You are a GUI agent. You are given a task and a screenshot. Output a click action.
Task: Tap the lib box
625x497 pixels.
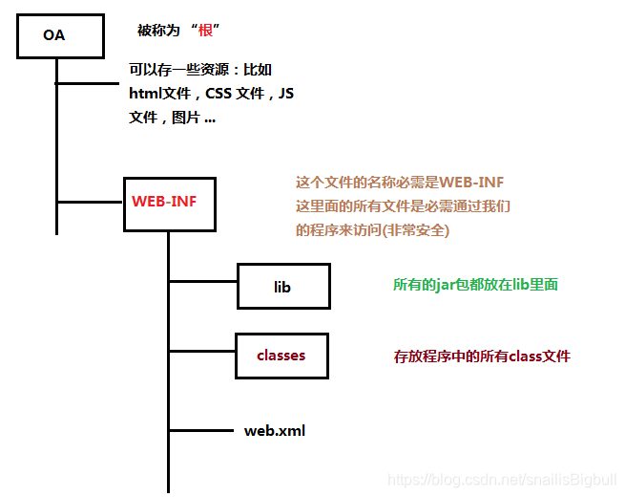click(x=282, y=286)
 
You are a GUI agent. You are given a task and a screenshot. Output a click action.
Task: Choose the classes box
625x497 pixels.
click(x=281, y=356)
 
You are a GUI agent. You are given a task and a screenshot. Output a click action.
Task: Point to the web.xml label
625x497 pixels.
click(x=275, y=430)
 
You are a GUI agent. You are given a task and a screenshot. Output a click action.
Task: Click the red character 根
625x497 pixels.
click(x=205, y=32)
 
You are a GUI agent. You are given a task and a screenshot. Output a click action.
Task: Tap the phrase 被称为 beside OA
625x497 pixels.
click(x=158, y=32)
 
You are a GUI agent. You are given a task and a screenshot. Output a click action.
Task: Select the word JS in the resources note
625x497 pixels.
click(x=285, y=94)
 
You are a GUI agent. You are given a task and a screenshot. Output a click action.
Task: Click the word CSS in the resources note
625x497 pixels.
click(x=224, y=94)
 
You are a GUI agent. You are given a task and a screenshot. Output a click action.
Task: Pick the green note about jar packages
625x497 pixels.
click(x=475, y=284)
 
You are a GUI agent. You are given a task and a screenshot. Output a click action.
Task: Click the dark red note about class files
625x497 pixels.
click(x=482, y=356)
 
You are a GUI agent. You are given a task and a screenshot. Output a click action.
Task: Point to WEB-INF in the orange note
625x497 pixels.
click(x=470, y=182)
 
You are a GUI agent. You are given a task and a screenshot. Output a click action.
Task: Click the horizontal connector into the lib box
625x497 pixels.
click(x=202, y=281)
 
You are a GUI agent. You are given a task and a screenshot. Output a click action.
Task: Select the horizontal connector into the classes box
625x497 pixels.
click(x=202, y=352)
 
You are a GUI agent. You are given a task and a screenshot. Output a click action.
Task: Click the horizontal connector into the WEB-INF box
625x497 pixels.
click(x=91, y=202)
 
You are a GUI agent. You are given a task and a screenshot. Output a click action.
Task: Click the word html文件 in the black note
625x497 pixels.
click(x=161, y=94)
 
